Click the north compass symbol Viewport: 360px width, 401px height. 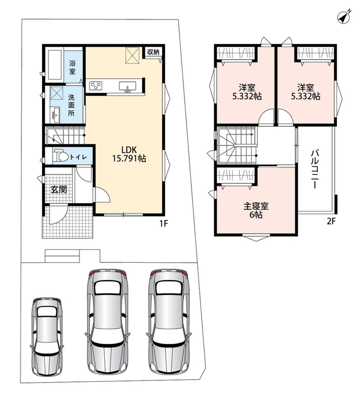pos(343,17)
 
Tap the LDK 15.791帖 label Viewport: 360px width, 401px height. pos(129,154)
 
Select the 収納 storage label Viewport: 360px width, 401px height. pos(153,52)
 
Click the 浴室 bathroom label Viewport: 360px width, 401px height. pos(72,67)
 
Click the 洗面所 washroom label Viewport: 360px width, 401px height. pos(72,105)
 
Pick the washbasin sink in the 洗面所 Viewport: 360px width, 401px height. pos(56,115)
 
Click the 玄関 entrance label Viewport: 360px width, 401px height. pos(59,189)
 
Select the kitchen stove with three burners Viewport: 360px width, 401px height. pos(96,86)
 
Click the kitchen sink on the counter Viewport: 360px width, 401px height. pos(128,86)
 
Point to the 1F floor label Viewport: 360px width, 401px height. pos(164,224)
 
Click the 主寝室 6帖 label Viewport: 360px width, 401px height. pos(256,210)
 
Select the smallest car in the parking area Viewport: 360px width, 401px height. pos(47,336)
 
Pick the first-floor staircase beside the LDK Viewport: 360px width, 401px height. pos(65,136)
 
